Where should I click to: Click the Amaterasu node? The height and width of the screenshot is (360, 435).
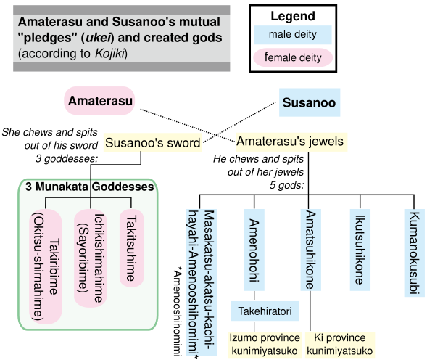click(101, 102)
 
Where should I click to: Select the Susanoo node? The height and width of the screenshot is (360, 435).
click(310, 102)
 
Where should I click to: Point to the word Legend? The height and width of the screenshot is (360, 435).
click(294, 15)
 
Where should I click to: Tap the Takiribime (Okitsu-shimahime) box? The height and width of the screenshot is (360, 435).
click(46, 266)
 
